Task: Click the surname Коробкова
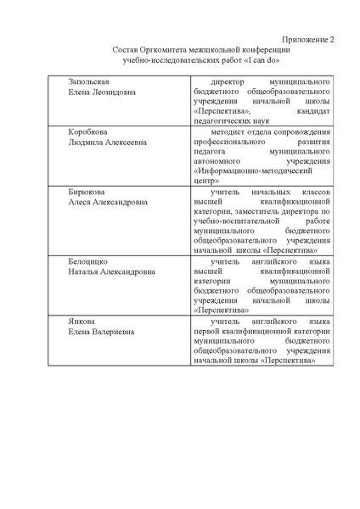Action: (88, 132)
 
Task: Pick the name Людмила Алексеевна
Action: (107, 143)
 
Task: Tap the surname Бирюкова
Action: (88, 193)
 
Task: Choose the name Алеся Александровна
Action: (107, 203)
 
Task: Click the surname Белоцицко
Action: (90, 262)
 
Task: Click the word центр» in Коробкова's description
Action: (206, 182)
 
